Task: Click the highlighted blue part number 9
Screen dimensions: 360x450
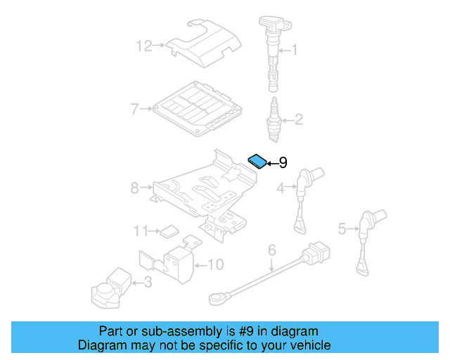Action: [258, 161]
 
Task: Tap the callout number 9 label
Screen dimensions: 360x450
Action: [283, 163]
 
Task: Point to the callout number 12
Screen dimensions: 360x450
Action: [144, 46]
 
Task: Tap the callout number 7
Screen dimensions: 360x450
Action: [135, 109]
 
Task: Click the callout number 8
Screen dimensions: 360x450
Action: [135, 188]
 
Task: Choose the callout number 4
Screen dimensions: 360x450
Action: [280, 188]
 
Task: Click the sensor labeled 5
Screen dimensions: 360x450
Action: [366, 236]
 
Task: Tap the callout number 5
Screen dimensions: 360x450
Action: [342, 228]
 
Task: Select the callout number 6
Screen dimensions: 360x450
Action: [272, 249]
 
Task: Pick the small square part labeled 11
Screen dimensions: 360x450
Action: [169, 230]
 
